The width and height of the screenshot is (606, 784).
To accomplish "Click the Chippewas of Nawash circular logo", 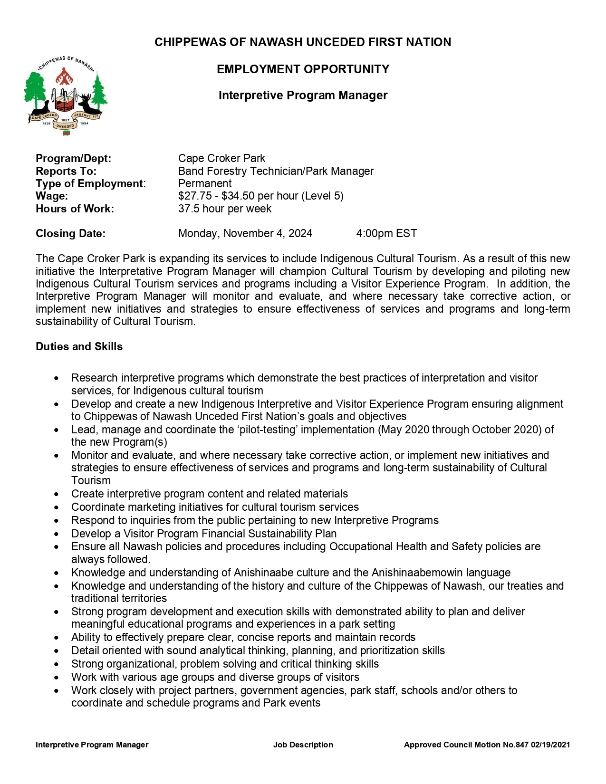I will click(x=65, y=95).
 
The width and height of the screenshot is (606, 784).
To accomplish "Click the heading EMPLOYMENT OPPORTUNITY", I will click(x=303, y=69).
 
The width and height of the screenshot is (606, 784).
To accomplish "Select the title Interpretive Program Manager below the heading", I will click(x=303, y=96).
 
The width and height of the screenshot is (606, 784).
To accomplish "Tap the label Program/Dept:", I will click(x=73, y=159).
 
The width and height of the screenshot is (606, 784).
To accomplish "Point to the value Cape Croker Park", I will click(x=221, y=159).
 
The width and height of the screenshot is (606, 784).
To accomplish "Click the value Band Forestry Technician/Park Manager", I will click(x=276, y=171).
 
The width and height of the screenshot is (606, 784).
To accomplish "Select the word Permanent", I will click(x=205, y=183).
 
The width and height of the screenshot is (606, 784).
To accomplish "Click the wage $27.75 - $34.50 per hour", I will click(x=260, y=196).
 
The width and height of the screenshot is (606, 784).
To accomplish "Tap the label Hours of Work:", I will click(x=75, y=209).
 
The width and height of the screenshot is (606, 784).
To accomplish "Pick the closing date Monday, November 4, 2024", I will click(x=245, y=233).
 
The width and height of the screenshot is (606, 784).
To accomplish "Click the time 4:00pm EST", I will click(x=386, y=233).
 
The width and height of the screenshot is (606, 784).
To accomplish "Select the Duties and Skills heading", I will click(x=79, y=346).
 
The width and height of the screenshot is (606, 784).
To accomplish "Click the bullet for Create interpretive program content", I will click(x=57, y=494).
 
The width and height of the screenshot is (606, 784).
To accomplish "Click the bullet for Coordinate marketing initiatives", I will click(x=57, y=507).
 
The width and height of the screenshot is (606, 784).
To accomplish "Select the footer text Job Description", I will click(x=303, y=745).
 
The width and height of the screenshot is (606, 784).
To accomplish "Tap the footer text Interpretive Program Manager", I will click(x=92, y=745).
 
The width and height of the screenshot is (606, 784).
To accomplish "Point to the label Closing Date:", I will click(x=70, y=233).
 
